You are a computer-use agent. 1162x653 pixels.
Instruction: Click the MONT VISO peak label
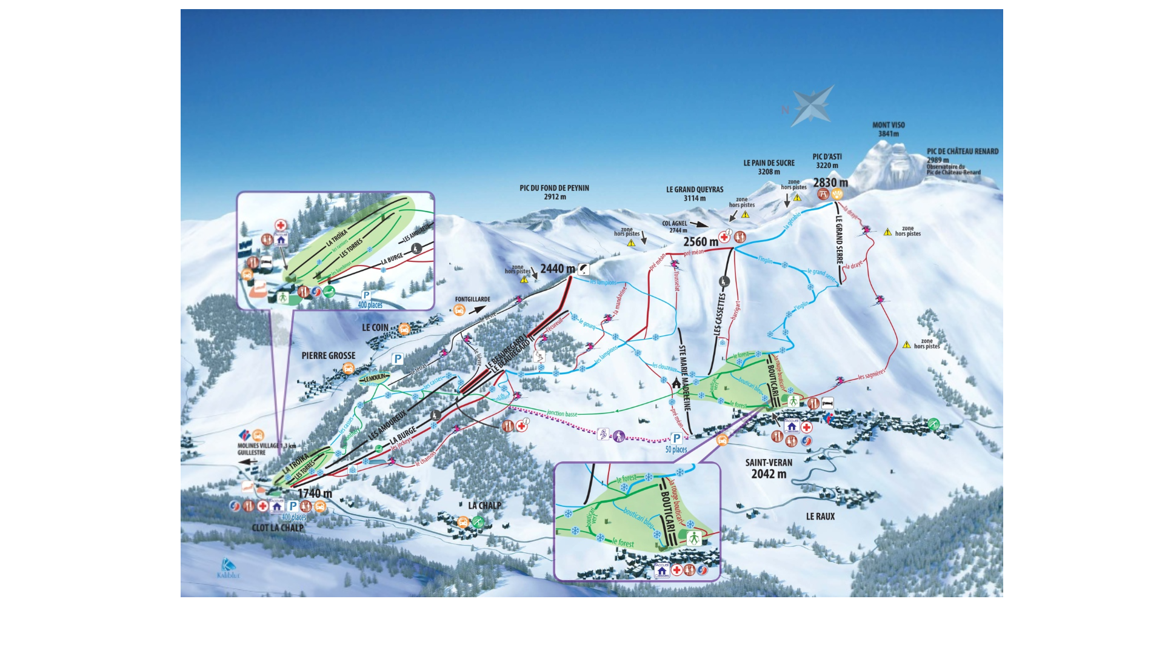pyautogui.click(x=888, y=125)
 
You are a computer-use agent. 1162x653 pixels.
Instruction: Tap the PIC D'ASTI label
pyautogui.click(x=827, y=157)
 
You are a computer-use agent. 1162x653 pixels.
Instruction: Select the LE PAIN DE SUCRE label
pyautogui.click(x=769, y=163)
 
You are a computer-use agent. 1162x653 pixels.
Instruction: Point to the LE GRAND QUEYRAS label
pyautogui.click(x=695, y=190)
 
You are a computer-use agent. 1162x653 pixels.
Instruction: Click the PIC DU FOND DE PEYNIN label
pyautogui.click(x=554, y=189)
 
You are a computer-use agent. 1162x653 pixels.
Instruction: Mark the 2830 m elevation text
pyautogui.click(x=830, y=183)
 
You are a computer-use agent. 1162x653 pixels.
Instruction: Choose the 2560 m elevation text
pyautogui.click(x=701, y=242)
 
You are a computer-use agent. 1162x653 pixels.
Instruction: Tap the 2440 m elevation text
pyautogui.click(x=558, y=269)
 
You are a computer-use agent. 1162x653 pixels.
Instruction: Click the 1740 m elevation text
pyautogui.click(x=315, y=494)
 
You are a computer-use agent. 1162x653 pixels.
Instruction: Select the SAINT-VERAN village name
pyautogui.click(x=769, y=463)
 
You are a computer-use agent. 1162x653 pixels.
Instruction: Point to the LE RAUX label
pyautogui.click(x=820, y=517)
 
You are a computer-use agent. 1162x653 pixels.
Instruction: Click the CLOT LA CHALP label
pyautogui.click(x=278, y=527)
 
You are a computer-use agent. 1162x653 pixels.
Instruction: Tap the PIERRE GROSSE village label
pyautogui.click(x=329, y=356)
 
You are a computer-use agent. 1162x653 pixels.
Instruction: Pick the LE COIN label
pyautogui.click(x=375, y=327)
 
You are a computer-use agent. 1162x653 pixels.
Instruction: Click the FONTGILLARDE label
pyautogui.click(x=473, y=300)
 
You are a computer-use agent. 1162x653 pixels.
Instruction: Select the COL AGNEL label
pyautogui.click(x=675, y=224)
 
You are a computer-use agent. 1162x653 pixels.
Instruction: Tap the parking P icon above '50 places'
pyautogui.click(x=676, y=438)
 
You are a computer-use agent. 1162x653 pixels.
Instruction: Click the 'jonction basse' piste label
pyautogui.click(x=562, y=414)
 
